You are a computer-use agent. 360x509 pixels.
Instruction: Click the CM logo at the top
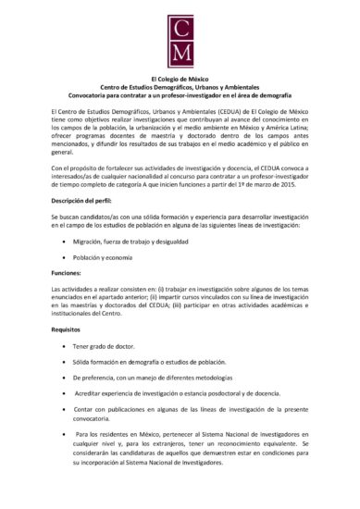[180, 41]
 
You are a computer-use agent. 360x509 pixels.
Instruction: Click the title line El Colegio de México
[180, 79]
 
